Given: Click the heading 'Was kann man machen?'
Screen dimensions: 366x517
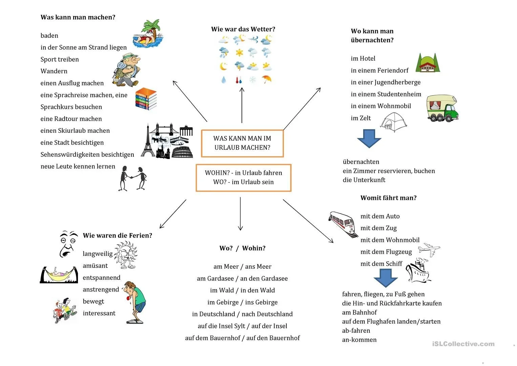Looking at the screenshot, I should [78, 17].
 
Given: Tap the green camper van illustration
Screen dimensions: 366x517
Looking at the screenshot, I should [442, 108].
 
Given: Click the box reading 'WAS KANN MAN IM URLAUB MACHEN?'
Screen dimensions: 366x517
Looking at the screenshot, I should [242, 143].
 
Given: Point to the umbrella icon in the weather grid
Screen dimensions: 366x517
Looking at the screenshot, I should [267, 79].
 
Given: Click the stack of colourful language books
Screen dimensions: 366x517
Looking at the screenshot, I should [146, 99].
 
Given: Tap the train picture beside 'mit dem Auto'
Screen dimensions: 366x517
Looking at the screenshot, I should [343, 224].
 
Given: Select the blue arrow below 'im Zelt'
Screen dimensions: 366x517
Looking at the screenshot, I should [369, 138].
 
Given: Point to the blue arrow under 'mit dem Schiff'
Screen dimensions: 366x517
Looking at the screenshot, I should [385, 278].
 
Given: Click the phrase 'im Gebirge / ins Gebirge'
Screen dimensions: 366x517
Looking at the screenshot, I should [242, 302].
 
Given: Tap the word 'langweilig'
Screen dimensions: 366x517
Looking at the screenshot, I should [98, 254].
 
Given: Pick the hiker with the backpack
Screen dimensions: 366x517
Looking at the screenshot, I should [127, 70].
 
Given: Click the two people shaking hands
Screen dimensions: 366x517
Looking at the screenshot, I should [133, 178].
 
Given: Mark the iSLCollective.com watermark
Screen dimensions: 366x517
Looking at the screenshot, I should [463, 344].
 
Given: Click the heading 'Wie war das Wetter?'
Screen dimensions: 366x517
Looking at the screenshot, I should [243, 29].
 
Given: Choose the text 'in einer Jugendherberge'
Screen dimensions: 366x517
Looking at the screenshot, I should [386, 82].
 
